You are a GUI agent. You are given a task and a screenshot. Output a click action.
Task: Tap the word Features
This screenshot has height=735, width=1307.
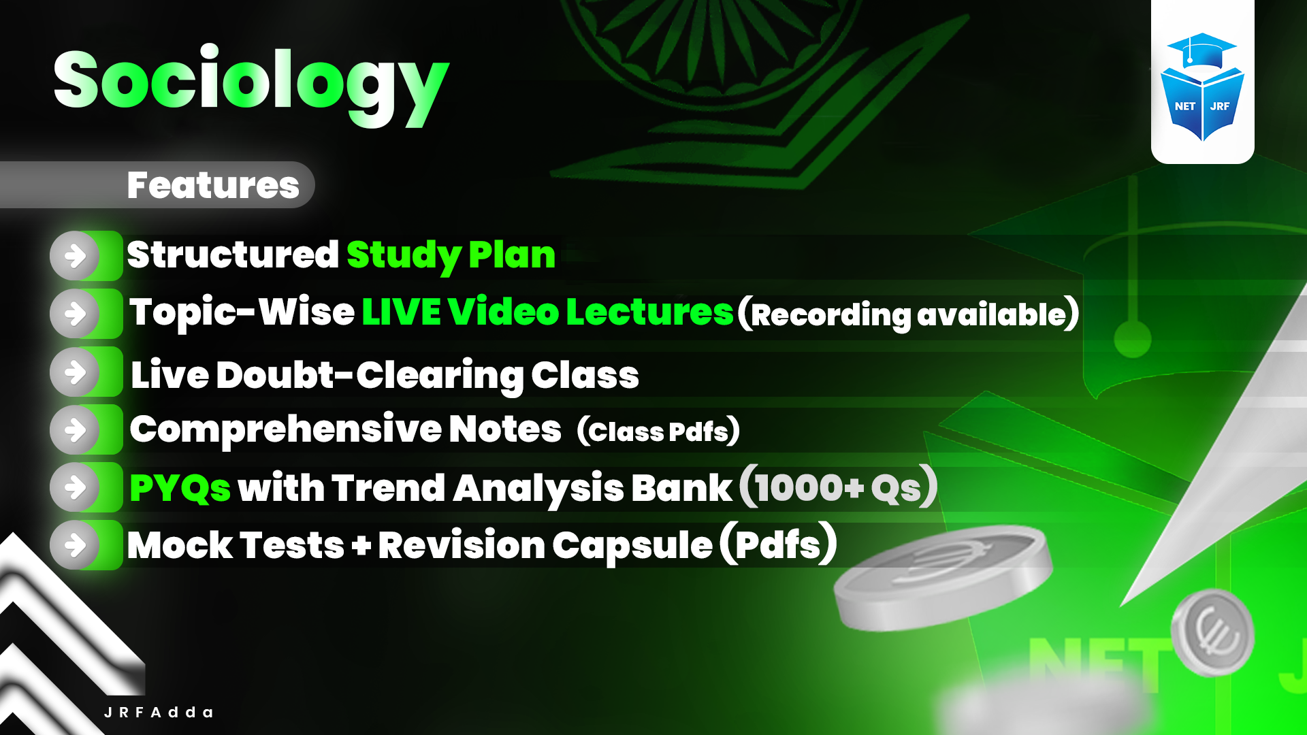pos(213,185)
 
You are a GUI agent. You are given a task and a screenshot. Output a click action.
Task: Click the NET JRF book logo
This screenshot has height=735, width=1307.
pos(1202,87)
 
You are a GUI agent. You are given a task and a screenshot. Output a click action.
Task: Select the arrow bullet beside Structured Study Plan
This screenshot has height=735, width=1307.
pos(76,256)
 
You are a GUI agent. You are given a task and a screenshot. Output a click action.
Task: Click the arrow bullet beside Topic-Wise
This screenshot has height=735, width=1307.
pos(76,314)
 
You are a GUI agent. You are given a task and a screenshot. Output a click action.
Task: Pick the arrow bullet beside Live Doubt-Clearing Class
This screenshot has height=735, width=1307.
pos(76,372)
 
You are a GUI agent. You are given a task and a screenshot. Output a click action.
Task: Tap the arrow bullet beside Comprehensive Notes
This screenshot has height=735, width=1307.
pos(76,430)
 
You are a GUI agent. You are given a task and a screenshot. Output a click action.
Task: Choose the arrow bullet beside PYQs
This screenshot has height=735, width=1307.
pos(76,487)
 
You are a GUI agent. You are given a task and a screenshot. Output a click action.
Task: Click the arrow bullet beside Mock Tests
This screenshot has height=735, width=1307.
pos(76,545)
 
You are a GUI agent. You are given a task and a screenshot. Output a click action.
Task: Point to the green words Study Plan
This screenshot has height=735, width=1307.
pos(451,255)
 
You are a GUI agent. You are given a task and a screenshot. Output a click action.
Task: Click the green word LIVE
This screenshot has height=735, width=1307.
pos(401,312)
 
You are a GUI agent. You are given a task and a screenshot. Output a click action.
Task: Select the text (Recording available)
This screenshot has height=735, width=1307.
pos(909,314)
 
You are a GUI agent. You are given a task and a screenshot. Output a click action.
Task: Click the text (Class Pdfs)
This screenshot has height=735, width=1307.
pos(658,431)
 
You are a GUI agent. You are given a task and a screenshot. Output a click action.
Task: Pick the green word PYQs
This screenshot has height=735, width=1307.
pos(180,488)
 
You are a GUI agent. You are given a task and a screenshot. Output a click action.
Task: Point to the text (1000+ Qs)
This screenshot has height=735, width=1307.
pos(838,487)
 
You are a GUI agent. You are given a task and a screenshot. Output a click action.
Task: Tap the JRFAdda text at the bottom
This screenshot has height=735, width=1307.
pos(159,713)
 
